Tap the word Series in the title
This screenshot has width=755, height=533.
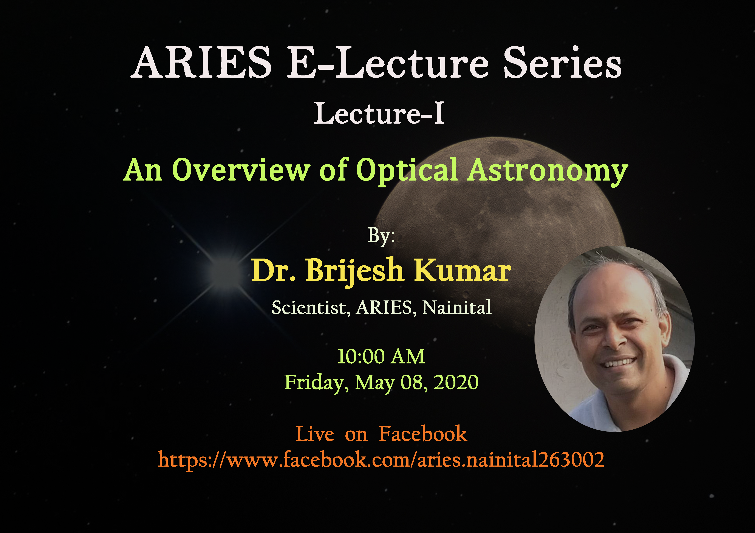click(x=562, y=62)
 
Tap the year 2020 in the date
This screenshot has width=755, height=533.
click(x=456, y=382)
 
